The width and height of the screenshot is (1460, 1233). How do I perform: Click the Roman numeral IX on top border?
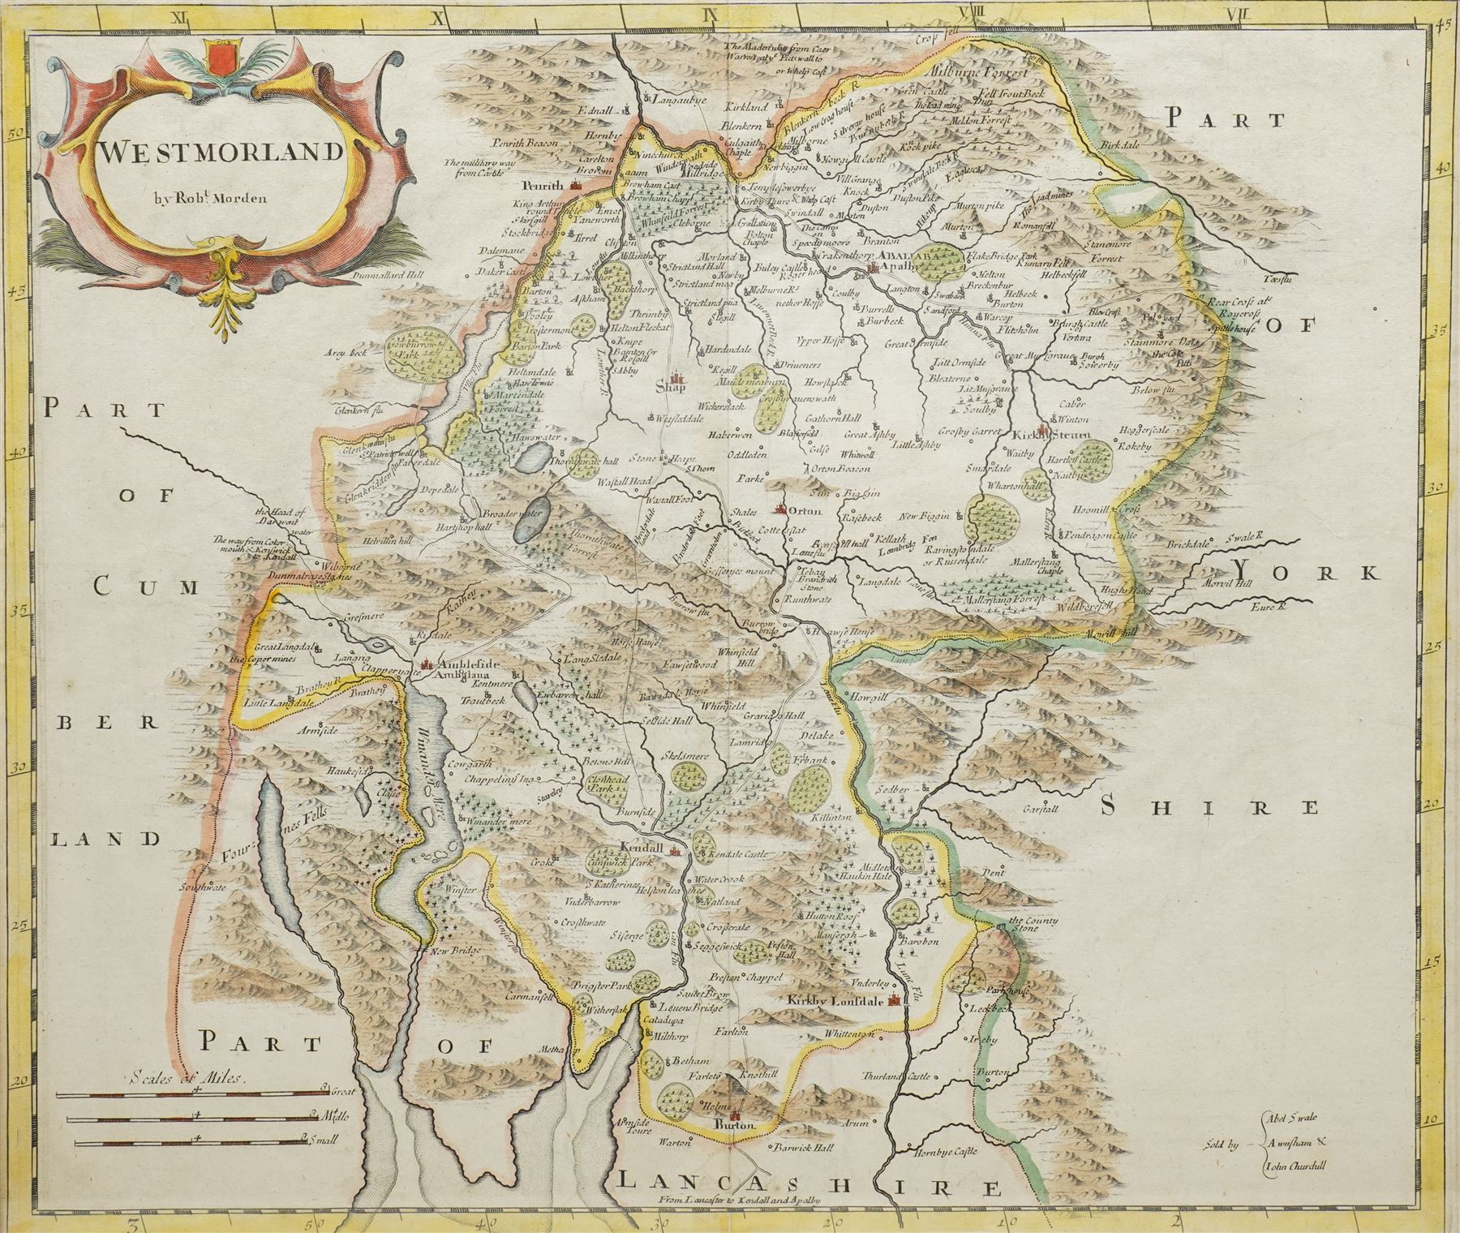712,11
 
